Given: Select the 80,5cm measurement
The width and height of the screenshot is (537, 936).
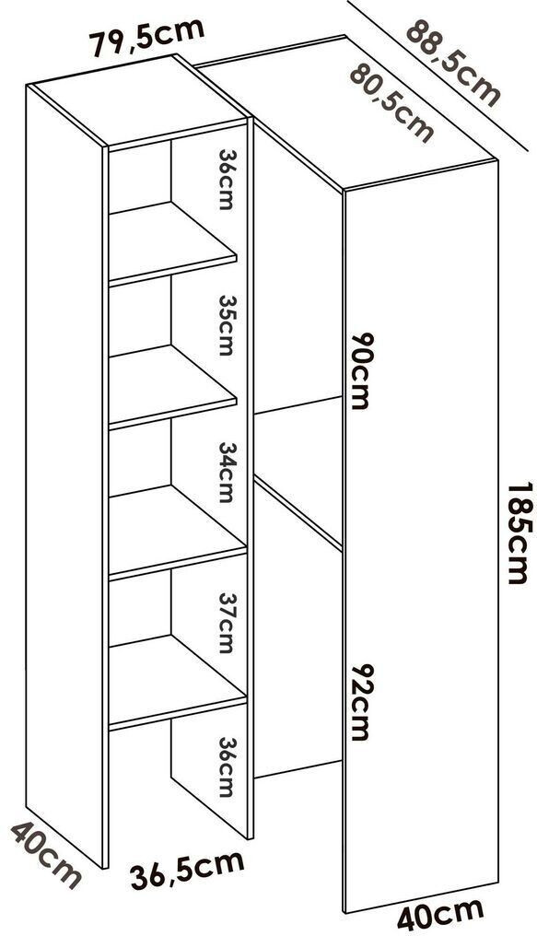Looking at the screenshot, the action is [391, 102].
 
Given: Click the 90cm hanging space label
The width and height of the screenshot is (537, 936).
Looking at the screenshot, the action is [359, 370].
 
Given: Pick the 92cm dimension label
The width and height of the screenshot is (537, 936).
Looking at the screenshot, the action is [359, 702].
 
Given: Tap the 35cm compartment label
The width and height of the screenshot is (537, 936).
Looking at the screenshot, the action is [225, 324].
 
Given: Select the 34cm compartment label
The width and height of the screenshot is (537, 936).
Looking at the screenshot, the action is [225, 472].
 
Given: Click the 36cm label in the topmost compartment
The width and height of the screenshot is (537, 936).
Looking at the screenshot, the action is [225, 179].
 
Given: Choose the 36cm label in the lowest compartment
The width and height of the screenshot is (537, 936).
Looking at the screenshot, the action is [225, 767].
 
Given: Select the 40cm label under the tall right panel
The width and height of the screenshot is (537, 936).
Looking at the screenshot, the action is [441, 914].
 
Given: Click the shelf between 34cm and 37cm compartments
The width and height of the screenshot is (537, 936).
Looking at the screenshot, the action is [178, 532].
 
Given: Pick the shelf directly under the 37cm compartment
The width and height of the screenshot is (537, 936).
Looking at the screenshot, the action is [178, 683].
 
